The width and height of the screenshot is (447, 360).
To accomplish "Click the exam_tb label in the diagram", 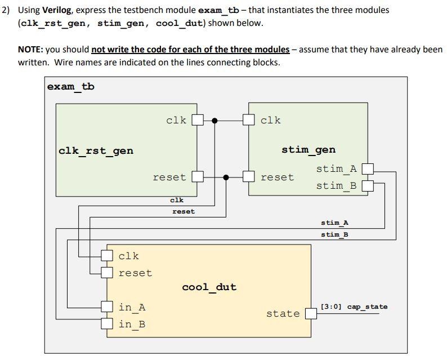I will tap(71, 87).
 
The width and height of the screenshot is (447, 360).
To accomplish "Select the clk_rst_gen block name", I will tap(96, 150).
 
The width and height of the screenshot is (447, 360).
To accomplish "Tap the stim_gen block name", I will tap(308, 150).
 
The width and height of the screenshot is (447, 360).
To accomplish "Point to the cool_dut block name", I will tap(209, 287).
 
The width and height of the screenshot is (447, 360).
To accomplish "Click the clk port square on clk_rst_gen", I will tap(197, 120).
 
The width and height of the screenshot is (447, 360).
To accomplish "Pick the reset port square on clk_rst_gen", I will tap(197, 177).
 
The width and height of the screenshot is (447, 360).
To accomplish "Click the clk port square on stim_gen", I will tap(249, 120).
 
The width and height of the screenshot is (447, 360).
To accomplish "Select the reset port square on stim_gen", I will tap(249, 177).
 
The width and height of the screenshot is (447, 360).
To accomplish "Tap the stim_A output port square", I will tap(367, 168).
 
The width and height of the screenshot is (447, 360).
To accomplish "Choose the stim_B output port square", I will tap(367, 185).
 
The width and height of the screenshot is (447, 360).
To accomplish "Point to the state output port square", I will tap(311, 313).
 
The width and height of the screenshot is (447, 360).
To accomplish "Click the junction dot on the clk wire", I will tap(214, 120).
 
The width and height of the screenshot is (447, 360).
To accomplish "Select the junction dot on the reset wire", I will tap(226, 177).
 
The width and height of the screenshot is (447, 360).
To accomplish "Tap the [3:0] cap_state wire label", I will tap(354, 307).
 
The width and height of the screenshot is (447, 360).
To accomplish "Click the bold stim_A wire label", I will tap(334, 223).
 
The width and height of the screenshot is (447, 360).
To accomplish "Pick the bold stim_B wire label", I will tap(334, 234).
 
